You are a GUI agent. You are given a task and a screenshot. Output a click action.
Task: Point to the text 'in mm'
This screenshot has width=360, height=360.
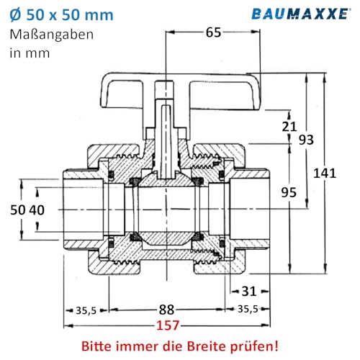[28, 53]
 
